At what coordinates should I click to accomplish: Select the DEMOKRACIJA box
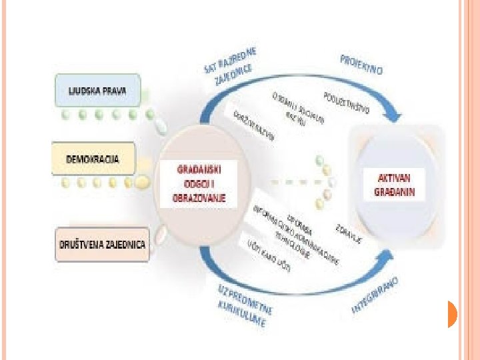94,159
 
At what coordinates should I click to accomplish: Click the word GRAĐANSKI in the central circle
198,169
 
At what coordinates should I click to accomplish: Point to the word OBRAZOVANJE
199,197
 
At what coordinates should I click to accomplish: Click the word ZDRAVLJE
349,231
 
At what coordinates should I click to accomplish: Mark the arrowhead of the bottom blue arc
393,259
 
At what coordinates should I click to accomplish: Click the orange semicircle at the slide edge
451,314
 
